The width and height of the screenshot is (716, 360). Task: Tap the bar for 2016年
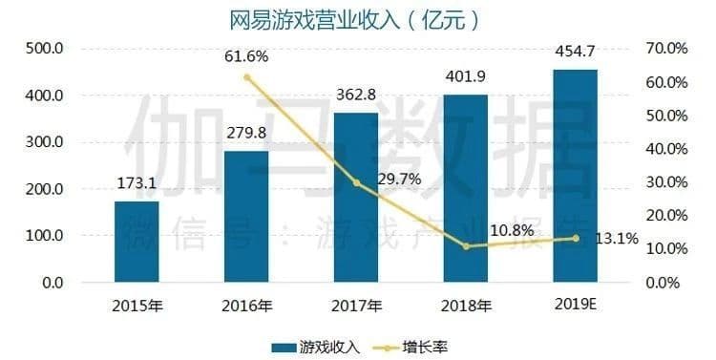tap(246, 217)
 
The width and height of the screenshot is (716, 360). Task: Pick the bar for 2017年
tap(356, 198)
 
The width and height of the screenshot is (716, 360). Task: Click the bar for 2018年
tap(465, 188)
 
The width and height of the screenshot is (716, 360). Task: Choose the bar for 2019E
tap(575, 176)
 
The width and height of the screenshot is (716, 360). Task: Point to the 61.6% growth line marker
tap(246, 77)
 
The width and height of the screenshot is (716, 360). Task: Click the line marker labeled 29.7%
tap(356, 182)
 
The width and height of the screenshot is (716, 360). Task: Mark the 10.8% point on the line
tap(465, 246)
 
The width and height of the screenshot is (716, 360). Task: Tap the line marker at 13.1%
tap(575, 239)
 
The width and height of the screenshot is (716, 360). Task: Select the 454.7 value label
tap(575, 48)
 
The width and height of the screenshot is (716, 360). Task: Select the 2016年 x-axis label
tap(246, 307)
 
